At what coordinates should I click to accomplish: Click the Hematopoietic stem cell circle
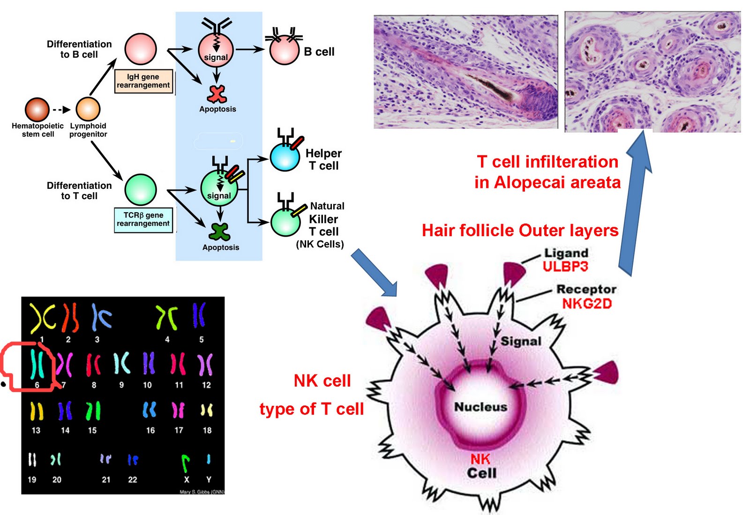click(37, 110)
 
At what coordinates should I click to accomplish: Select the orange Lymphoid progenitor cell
click(88, 109)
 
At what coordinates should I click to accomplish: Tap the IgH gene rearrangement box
click(143, 81)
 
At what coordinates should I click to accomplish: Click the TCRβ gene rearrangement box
click(143, 219)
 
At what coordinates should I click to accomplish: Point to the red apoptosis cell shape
click(217, 94)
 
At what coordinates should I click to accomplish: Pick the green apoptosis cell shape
click(219, 231)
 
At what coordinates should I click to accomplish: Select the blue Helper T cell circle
click(285, 157)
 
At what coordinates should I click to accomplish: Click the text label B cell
click(319, 52)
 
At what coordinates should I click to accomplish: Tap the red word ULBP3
click(565, 267)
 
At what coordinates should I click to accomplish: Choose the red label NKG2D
click(587, 304)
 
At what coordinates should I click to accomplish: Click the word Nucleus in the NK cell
click(480, 407)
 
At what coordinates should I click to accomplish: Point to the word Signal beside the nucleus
click(521, 341)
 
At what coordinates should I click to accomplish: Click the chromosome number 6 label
click(37, 385)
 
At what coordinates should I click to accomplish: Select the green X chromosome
click(186, 463)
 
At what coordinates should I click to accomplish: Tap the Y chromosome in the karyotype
click(209, 459)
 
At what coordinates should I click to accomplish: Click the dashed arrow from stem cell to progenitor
click(61, 110)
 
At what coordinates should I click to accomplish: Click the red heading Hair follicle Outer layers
click(520, 231)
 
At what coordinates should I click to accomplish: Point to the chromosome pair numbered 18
click(207, 411)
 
